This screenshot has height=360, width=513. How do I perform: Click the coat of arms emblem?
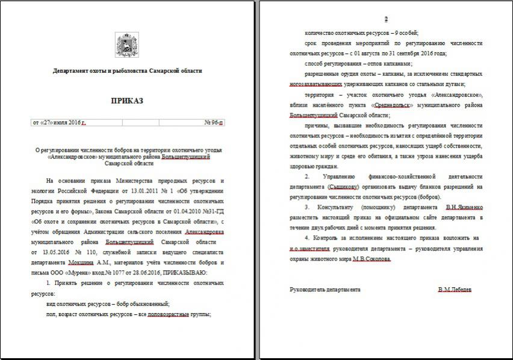coord(127,45)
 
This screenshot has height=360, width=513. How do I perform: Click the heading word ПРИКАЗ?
coord(127,101)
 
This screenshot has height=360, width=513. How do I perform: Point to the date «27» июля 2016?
coord(58,123)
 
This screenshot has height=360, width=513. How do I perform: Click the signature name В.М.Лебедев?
coord(455,290)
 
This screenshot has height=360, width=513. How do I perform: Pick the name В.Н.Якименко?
coord(464,207)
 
